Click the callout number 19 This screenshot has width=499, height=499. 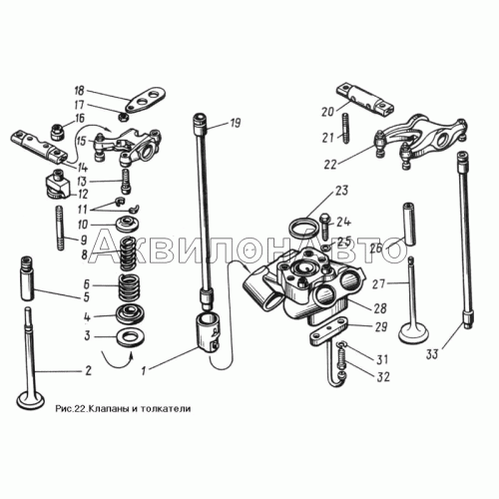click(235, 124)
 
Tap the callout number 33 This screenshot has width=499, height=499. click(432, 354)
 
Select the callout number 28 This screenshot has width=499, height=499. click(379, 308)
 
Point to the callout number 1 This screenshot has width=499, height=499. click(144, 370)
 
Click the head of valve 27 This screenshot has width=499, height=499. click(413, 332)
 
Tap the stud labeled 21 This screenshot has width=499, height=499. click(345, 128)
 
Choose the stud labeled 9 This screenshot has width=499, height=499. click(60, 228)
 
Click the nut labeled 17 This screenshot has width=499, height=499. click(122, 117)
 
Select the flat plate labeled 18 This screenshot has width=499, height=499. click(146, 100)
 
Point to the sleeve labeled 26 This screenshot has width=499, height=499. click(409, 224)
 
